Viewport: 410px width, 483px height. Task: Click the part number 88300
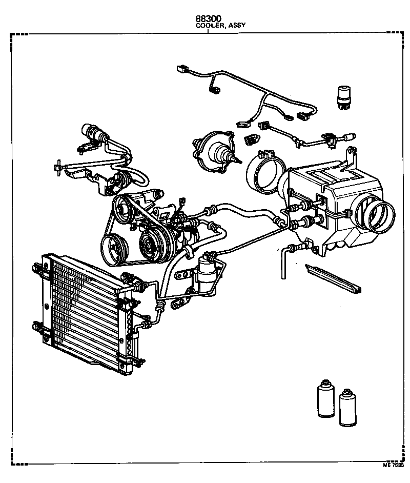point(208,18)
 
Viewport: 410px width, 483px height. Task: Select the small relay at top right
point(344,96)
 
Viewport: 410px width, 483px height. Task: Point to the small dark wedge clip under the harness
point(252,139)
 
